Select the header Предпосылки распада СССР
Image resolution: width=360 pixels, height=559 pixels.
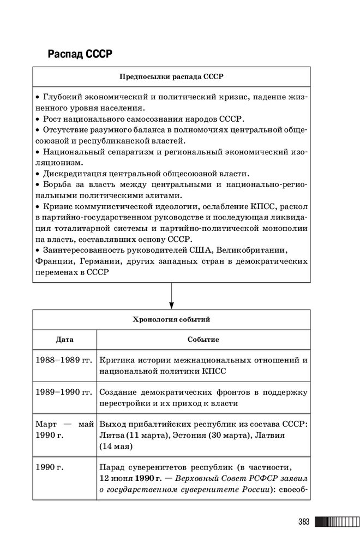(171, 76)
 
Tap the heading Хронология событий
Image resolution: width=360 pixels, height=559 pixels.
(171, 319)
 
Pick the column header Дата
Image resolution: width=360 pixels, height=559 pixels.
(64, 340)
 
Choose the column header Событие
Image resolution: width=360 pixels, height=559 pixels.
(203, 340)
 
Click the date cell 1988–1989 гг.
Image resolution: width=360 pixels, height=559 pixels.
(64, 360)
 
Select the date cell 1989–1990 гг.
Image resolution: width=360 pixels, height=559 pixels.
(64, 392)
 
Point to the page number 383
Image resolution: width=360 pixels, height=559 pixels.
(304, 522)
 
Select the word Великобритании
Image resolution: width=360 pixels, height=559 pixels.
(253, 250)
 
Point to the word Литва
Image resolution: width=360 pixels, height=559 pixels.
(112, 435)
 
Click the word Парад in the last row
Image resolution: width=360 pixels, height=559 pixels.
(112, 467)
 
